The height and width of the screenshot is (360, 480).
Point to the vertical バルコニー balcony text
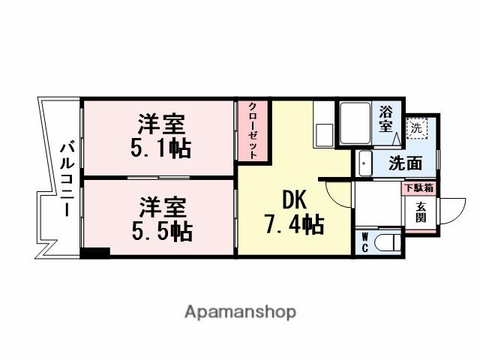pyautogui.click(x=65, y=177)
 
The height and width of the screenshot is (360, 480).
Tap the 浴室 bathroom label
pyautogui.click(x=385, y=119)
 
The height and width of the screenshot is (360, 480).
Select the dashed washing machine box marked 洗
pyautogui.click(x=416, y=127)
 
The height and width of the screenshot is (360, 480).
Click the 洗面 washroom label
pyautogui.click(x=403, y=163)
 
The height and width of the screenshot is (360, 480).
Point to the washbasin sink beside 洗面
pyautogui.click(x=364, y=163)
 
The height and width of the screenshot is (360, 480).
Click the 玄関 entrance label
pyautogui.click(x=421, y=212)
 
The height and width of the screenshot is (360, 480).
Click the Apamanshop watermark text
pyautogui.click(x=240, y=311)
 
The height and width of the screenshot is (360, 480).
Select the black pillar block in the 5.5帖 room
pyautogui.click(x=96, y=253)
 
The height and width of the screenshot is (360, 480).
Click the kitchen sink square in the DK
pyautogui.click(x=325, y=136)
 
